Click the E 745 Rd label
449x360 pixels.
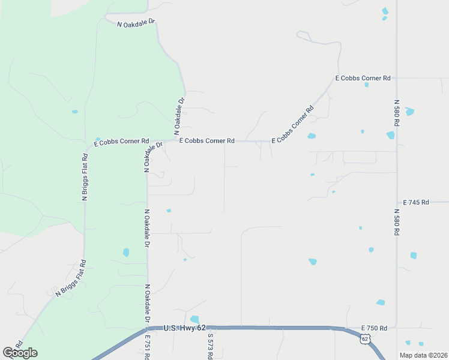(x=416, y=203)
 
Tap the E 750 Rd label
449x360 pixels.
(x=374, y=328)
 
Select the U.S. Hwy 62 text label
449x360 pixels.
(x=185, y=328)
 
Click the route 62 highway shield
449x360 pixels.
(x=365, y=339)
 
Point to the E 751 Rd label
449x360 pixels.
(x=147, y=347)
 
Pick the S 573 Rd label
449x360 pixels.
(x=211, y=347)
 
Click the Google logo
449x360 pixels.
(x=20, y=352)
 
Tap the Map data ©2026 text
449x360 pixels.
(x=423, y=355)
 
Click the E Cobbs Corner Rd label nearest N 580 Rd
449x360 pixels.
(x=363, y=78)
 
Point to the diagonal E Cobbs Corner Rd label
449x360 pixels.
(x=293, y=125)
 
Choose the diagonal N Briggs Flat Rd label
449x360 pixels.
(x=71, y=278)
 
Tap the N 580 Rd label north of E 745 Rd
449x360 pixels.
(x=397, y=112)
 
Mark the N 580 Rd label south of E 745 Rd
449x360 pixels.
(x=397, y=222)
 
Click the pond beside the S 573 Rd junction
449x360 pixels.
(x=194, y=319)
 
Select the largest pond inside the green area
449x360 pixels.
(x=126, y=253)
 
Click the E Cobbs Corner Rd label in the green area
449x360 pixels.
(x=121, y=142)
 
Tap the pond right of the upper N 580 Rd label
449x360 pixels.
(x=410, y=112)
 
